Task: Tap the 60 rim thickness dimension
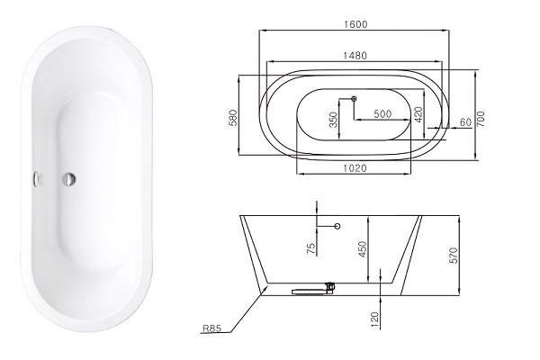coord(465,121)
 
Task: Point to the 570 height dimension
coord(453,255)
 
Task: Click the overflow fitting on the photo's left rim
coord(37,178)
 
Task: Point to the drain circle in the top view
coord(354,98)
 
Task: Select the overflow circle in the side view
coord(337,227)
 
